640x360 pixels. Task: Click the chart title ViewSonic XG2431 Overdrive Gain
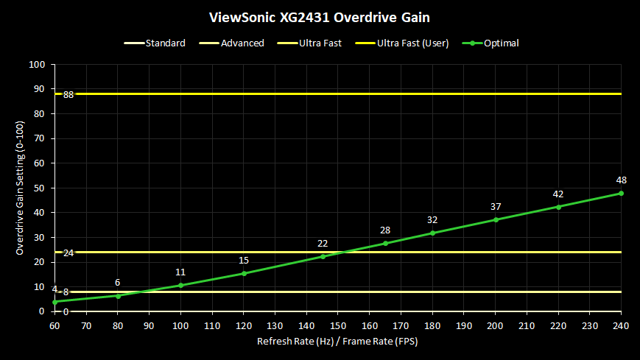point(320,15)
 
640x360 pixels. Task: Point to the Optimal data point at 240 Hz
point(621,194)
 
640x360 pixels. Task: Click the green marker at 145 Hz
point(323,256)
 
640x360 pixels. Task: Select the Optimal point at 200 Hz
point(496,219)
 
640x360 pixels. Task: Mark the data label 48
point(621,180)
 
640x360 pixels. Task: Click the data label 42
point(558,194)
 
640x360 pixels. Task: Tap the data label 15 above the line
point(244,261)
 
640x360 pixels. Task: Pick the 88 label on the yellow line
point(68,95)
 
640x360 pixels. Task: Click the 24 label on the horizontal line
point(68,253)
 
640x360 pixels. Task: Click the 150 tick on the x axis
point(338,325)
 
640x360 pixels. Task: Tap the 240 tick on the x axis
point(621,325)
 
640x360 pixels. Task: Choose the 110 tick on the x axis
point(212,325)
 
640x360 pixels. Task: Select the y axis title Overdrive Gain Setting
point(21,188)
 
